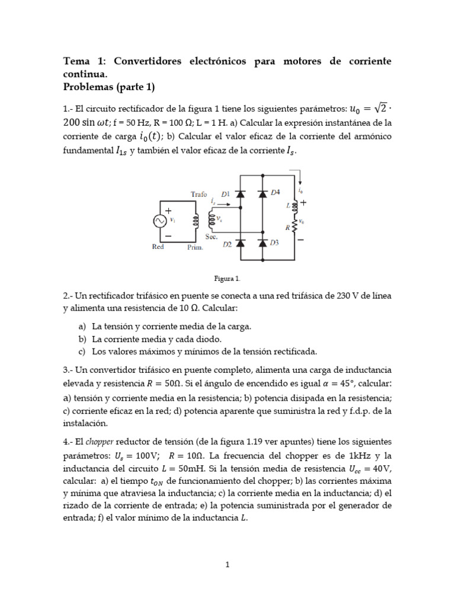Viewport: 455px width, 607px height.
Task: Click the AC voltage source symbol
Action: click(159, 221)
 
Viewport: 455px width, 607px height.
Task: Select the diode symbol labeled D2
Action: click(240, 243)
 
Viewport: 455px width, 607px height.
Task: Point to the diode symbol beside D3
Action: click(262, 243)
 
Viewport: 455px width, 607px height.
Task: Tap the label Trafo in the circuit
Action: click(199, 194)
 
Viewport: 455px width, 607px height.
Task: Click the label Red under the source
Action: click(158, 247)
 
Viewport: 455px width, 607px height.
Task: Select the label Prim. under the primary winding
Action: click(195, 248)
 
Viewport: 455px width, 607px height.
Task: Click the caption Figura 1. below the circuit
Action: click(227, 277)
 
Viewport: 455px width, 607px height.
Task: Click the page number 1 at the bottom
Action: click(227, 565)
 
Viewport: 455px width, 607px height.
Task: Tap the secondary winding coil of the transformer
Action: click(210, 221)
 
